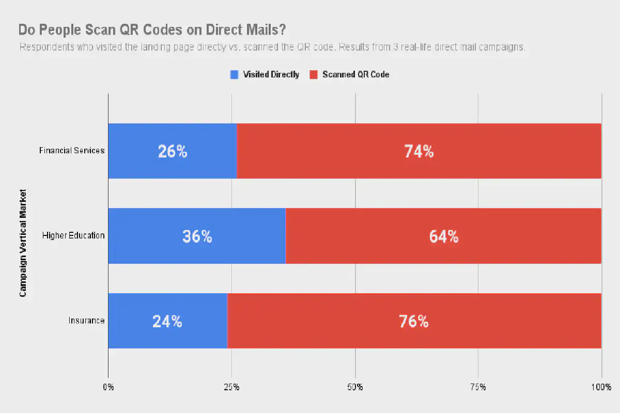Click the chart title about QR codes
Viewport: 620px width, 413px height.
pos(152,29)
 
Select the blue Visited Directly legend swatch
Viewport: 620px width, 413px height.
pos(234,74)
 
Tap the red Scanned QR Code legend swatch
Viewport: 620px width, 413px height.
pos(313,74)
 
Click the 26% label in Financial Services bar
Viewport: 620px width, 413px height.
pos(172,151)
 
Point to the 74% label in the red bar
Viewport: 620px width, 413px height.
pos(419,151)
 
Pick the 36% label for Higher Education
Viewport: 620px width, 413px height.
pos(197,236)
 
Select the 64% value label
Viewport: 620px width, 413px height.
pos(443,236)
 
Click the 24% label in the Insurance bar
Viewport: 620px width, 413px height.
pos(167,322)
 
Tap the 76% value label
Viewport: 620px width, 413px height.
pos(413,322)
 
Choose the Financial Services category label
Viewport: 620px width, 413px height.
pos(72,151)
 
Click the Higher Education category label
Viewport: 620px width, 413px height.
pos(73,236)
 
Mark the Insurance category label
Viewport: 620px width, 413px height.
pos(87,321)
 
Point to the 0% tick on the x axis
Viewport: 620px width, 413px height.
pos(108,387)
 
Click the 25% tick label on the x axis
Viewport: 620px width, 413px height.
pos(231,387)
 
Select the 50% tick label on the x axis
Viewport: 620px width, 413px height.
pos(355,387)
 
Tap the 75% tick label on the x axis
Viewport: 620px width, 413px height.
pos(478,387)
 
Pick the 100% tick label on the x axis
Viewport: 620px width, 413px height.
pos(601,387)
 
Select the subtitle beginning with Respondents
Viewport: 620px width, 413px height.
pos(272,47)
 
